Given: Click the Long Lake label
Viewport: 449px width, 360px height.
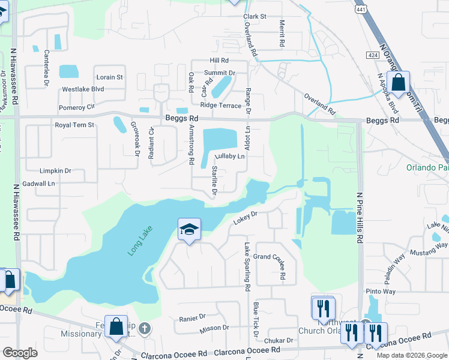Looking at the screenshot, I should [x=140, y=241].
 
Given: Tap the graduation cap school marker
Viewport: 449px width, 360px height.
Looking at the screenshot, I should [x=189, y=230].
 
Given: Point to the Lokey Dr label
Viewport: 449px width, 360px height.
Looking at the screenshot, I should [x=245, y=218].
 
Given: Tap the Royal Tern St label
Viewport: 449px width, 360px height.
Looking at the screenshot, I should [x=75, y=125].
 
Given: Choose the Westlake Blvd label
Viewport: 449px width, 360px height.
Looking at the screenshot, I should [x=83, y=89].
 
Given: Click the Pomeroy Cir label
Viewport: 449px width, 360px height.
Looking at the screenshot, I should [x=77, y=107].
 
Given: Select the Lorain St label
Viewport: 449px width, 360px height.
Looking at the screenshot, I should [x=109, y=77].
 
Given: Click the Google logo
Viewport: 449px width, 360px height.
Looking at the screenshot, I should [x=20, y=353].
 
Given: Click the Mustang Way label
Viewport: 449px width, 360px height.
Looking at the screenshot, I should [x=433, y=245].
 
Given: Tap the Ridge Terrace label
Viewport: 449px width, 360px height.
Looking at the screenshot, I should [x=220, y=105].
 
